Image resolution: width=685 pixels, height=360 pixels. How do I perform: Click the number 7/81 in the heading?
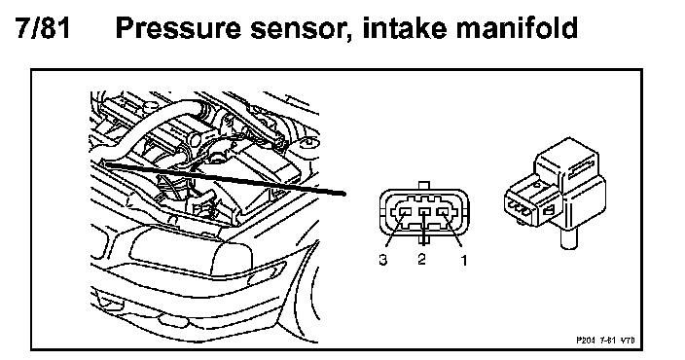(43, 28)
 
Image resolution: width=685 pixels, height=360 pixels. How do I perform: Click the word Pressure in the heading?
(178, 28)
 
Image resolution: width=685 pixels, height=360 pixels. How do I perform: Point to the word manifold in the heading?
(518, 28)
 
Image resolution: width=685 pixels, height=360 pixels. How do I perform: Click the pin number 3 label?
(383, 260)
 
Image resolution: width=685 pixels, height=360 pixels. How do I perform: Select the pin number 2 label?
(421, 259)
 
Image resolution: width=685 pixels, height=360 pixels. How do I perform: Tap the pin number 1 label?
(463, 261)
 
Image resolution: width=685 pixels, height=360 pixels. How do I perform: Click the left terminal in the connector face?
(406, 212)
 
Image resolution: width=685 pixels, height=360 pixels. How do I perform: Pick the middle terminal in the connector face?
(425, 212)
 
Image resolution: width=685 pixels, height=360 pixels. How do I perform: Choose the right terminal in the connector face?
(443, 212)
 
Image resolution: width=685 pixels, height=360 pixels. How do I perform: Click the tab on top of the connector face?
(424, 186)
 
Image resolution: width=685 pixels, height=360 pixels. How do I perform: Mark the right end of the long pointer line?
(345, 194)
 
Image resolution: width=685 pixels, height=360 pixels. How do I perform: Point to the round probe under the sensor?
(567, 239)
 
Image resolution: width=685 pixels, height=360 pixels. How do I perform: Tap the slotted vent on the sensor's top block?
(580, 167)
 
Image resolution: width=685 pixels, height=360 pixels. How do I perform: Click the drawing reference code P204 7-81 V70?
(605, 340)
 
